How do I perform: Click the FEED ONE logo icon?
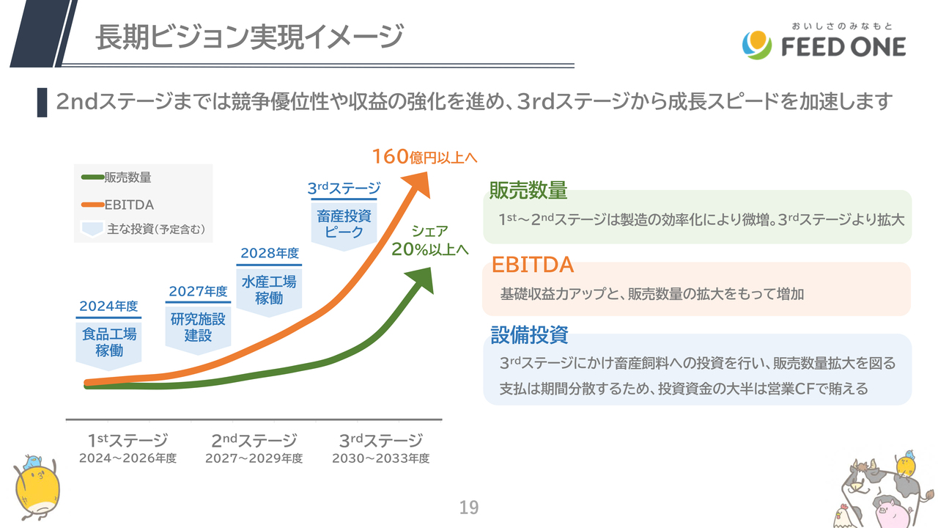756,45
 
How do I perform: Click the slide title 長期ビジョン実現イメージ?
249,37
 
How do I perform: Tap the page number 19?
468,507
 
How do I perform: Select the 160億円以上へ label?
424,157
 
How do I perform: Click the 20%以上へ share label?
429,249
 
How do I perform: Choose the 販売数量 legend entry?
117,177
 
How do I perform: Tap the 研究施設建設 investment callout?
198,327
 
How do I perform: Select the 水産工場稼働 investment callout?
269,290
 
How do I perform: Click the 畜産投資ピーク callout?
344,224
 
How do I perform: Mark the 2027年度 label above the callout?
198,291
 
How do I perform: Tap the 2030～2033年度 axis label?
380,459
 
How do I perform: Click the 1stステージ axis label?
128,441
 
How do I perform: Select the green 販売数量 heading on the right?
528,191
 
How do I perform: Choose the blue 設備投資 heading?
529,335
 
